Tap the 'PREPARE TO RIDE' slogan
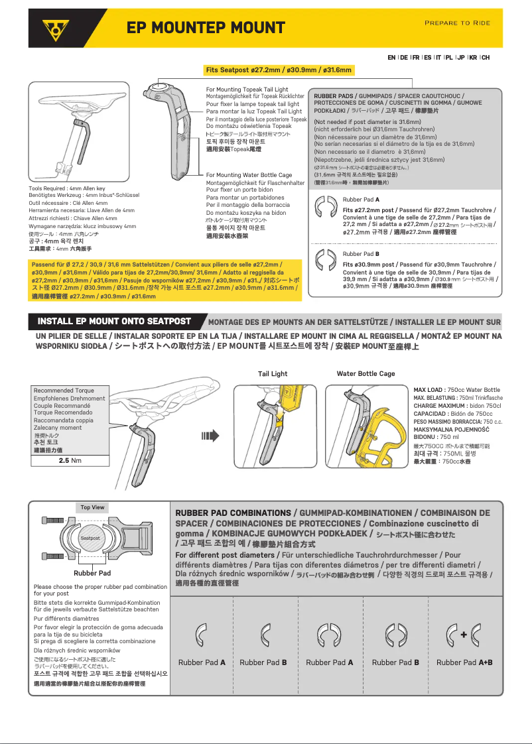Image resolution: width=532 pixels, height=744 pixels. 457,23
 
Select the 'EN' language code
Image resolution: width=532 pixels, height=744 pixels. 392,58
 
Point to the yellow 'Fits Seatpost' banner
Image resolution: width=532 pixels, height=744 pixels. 279,70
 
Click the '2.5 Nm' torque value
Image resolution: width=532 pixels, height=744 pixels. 70,460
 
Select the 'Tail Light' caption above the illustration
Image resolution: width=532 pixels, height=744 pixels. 273,374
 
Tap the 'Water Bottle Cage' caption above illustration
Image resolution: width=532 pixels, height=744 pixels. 366,374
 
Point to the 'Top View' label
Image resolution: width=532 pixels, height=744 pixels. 92,507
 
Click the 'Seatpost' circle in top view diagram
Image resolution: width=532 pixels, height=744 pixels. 90,538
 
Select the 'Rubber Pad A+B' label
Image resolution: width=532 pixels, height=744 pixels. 464,662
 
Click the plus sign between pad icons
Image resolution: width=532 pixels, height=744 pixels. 464,635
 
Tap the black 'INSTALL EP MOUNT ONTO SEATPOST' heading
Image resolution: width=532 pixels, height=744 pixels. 114,322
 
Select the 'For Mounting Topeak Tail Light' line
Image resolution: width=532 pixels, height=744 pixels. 247,90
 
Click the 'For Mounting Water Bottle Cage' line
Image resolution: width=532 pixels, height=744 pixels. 249,175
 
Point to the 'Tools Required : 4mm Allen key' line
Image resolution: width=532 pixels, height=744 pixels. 67,189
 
